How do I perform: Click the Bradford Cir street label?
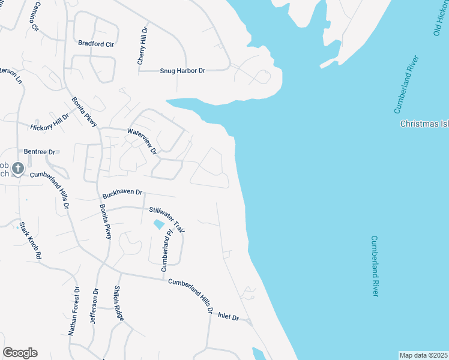(96, 44)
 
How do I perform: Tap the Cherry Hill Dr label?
(142, 46)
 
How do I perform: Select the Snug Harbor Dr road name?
(182, 71)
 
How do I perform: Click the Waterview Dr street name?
(142, 140)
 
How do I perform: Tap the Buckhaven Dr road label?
(122, 193)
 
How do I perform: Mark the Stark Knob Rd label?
(30, 241)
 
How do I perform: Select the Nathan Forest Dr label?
(74, 310)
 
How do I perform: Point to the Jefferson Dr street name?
(94, 307)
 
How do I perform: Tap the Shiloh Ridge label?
(119, 304)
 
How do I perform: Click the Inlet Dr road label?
(228, 316)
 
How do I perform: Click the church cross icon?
(18, 169)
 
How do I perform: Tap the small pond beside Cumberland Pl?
(158, 224)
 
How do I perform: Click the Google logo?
(20, 353)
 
